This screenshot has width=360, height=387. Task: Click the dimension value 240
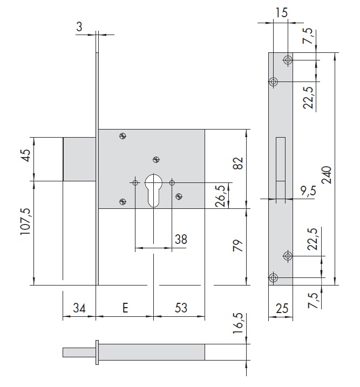327,175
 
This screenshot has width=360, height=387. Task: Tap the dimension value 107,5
25,221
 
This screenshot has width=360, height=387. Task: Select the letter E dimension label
125,308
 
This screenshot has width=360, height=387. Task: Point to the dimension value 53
181,308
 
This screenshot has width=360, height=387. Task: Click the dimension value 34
79,308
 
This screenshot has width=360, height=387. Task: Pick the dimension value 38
181,239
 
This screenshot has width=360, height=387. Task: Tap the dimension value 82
238,163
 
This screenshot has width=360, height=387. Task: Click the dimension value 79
238,245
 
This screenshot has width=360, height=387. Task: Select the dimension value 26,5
220,196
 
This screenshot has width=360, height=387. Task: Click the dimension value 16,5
238,323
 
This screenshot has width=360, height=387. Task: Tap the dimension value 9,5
308,191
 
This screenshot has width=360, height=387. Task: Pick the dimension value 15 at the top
281,12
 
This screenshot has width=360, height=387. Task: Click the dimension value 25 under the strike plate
282,309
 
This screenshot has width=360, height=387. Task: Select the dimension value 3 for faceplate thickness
79,26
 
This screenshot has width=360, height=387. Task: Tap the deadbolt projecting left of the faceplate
79,159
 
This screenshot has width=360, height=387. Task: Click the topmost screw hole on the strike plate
288,60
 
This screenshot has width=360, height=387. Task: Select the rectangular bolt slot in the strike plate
281,168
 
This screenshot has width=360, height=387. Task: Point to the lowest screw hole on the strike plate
273,277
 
